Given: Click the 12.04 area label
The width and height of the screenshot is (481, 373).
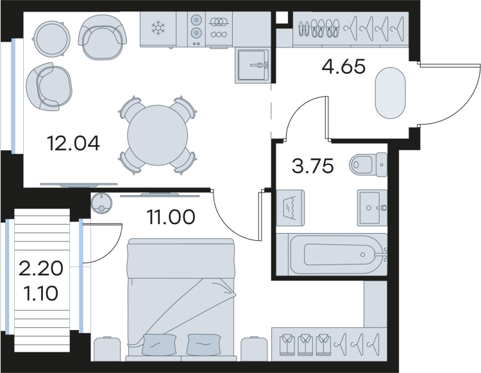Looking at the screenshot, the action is click(73, 143).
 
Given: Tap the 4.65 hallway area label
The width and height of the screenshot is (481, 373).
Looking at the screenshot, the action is click(344, 67).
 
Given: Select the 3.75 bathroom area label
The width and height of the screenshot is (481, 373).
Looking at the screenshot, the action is click(312, 166).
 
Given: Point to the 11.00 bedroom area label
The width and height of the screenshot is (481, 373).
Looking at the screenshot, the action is click(171, 217).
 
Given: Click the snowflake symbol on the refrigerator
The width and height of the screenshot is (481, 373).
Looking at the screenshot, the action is click(158, 28).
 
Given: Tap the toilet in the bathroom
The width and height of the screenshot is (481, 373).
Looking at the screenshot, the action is click(368, 164).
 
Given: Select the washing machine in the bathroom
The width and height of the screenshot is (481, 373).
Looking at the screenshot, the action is click(290, 208).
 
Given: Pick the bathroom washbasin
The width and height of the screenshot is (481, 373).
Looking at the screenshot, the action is click(373, 208).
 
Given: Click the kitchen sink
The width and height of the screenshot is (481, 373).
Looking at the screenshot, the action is click(252, 65).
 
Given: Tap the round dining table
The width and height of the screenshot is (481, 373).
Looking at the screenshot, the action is click(157, 135).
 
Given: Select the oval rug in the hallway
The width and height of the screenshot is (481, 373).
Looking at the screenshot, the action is click(390, 93).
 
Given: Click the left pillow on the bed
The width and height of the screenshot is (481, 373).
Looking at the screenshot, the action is click(159, 345).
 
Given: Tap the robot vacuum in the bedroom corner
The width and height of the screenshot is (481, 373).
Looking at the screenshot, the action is click(101, 203).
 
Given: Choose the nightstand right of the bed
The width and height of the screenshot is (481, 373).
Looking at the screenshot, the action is click(255, 349).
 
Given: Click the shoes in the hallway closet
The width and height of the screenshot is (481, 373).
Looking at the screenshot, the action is click(319, 28).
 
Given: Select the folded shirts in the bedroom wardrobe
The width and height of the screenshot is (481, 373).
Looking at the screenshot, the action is click(305, 345).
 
